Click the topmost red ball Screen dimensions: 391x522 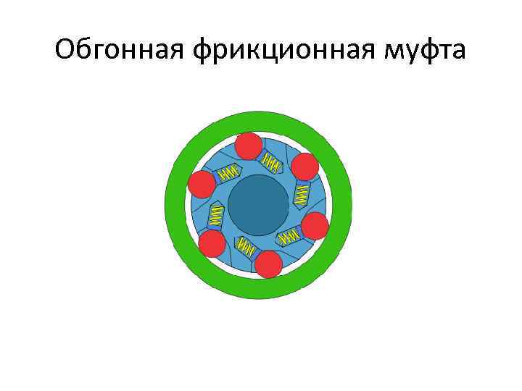click(249, 146)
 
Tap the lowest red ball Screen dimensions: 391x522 click(269, 264)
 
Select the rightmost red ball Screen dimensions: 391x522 click(315, 226)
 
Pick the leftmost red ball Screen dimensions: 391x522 click(201, 184)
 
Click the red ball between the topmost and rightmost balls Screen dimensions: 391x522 click(304, 167)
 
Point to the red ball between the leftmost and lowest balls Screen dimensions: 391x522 click(212, 244)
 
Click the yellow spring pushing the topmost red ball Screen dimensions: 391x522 click(271, 163)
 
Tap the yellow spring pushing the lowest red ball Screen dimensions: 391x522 click(246, 248)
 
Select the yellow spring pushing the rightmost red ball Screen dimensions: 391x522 click(289, 236)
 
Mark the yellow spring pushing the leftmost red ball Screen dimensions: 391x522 click(228, 172)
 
